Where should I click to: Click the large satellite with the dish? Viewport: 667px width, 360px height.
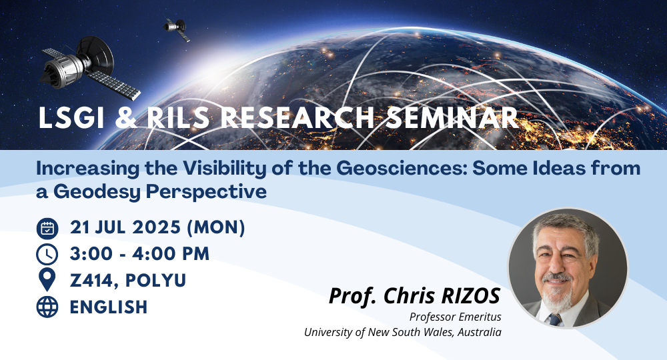[x=89, y=67]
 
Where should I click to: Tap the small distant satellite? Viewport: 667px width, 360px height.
[x=177, y=29]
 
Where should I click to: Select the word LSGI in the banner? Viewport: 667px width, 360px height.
[x=71, y=118]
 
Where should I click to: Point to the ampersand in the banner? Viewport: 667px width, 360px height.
[x=126, y=118]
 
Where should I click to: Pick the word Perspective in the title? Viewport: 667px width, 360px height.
[x=206, y=192]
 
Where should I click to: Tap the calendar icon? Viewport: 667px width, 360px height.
[x=47, y=228]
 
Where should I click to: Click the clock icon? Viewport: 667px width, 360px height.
[x=47, y=255]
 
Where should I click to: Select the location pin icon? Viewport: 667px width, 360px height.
[x=47, y=280]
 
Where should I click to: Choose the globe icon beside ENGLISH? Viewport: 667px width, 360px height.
[x=47, y=307]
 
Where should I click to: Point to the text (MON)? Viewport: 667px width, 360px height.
[x=216, y=227]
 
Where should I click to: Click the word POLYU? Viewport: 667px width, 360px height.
[x=155, y=281]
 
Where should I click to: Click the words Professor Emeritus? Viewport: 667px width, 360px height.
[x=455, y=317]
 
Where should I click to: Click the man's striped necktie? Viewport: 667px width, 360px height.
[x=555, y=319]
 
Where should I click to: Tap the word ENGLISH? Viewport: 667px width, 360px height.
[x=109, y=307]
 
